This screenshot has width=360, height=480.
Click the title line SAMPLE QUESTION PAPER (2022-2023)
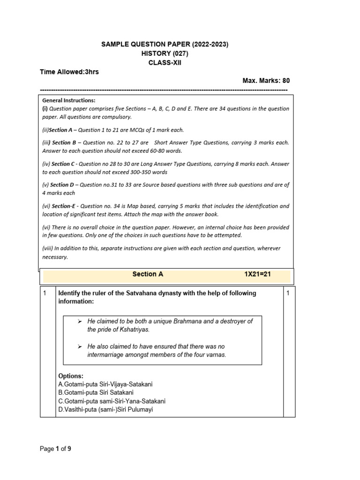165,45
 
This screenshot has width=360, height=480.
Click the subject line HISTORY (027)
165,53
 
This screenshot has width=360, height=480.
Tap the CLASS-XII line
165,62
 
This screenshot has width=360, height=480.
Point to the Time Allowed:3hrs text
69,72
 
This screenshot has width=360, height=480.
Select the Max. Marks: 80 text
266,81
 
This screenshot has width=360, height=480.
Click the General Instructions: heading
68,100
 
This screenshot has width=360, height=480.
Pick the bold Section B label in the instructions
64,142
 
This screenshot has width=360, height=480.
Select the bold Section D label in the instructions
63,185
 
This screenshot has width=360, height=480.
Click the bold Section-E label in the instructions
63,206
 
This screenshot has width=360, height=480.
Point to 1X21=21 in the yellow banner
257,274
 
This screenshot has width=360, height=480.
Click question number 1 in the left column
45,293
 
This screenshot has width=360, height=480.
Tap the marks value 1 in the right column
288,293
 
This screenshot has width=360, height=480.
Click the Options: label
71,376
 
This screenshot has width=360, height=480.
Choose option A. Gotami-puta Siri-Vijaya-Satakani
105,384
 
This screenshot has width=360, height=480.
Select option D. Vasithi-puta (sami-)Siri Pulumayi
105,410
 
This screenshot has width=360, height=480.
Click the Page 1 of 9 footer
55,449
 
